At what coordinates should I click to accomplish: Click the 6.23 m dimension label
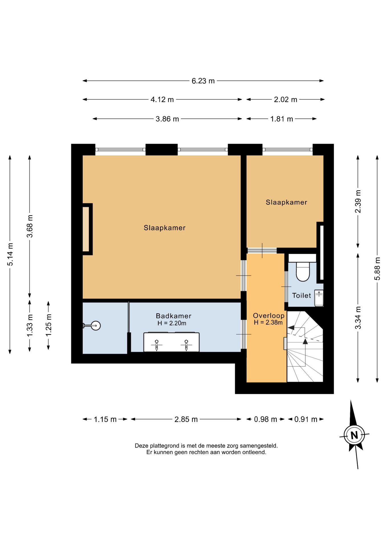point(203,81)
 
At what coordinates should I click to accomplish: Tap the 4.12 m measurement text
point(162,100)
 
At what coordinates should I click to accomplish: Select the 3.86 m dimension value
point(167,119)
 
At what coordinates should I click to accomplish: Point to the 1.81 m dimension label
point(282,119)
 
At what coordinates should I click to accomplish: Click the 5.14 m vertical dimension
point(10,254)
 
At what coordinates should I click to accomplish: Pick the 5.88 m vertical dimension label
point(377,269)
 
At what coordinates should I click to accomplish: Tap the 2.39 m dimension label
point(358,201)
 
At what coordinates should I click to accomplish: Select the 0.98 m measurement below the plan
point(266,419)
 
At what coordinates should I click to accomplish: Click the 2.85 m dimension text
point(186,419)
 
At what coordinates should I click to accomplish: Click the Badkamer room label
point(174,316)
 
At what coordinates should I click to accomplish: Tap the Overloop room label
point(269,316)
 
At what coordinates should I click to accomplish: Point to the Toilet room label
point(302,295)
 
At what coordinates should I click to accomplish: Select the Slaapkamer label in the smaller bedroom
point(286,202)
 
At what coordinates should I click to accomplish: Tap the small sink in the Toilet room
point(319,298)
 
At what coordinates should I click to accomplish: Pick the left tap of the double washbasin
point(156,345)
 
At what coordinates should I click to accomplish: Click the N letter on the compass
point(354,435)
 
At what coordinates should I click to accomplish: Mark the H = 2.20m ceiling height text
point(172,323)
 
